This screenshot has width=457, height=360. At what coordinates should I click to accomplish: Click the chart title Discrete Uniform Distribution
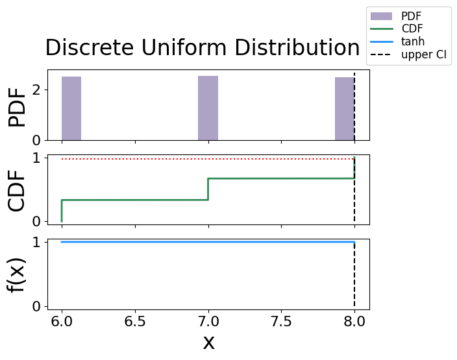(202, 49)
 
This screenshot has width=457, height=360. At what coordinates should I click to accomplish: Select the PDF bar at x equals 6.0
(71, 108)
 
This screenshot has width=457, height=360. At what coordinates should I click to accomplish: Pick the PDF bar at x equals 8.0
(345, 108)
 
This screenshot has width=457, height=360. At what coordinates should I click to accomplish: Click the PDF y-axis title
(18, 107)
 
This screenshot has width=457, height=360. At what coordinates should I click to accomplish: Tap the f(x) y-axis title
(18, 274)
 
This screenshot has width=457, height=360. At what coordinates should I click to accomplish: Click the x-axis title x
(208, 342)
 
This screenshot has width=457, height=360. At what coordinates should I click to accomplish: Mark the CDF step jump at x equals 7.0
(208, 189)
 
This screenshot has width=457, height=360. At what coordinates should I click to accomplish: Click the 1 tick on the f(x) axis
(36, 242)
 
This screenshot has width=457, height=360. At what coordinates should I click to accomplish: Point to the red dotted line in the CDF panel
(208, 159)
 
